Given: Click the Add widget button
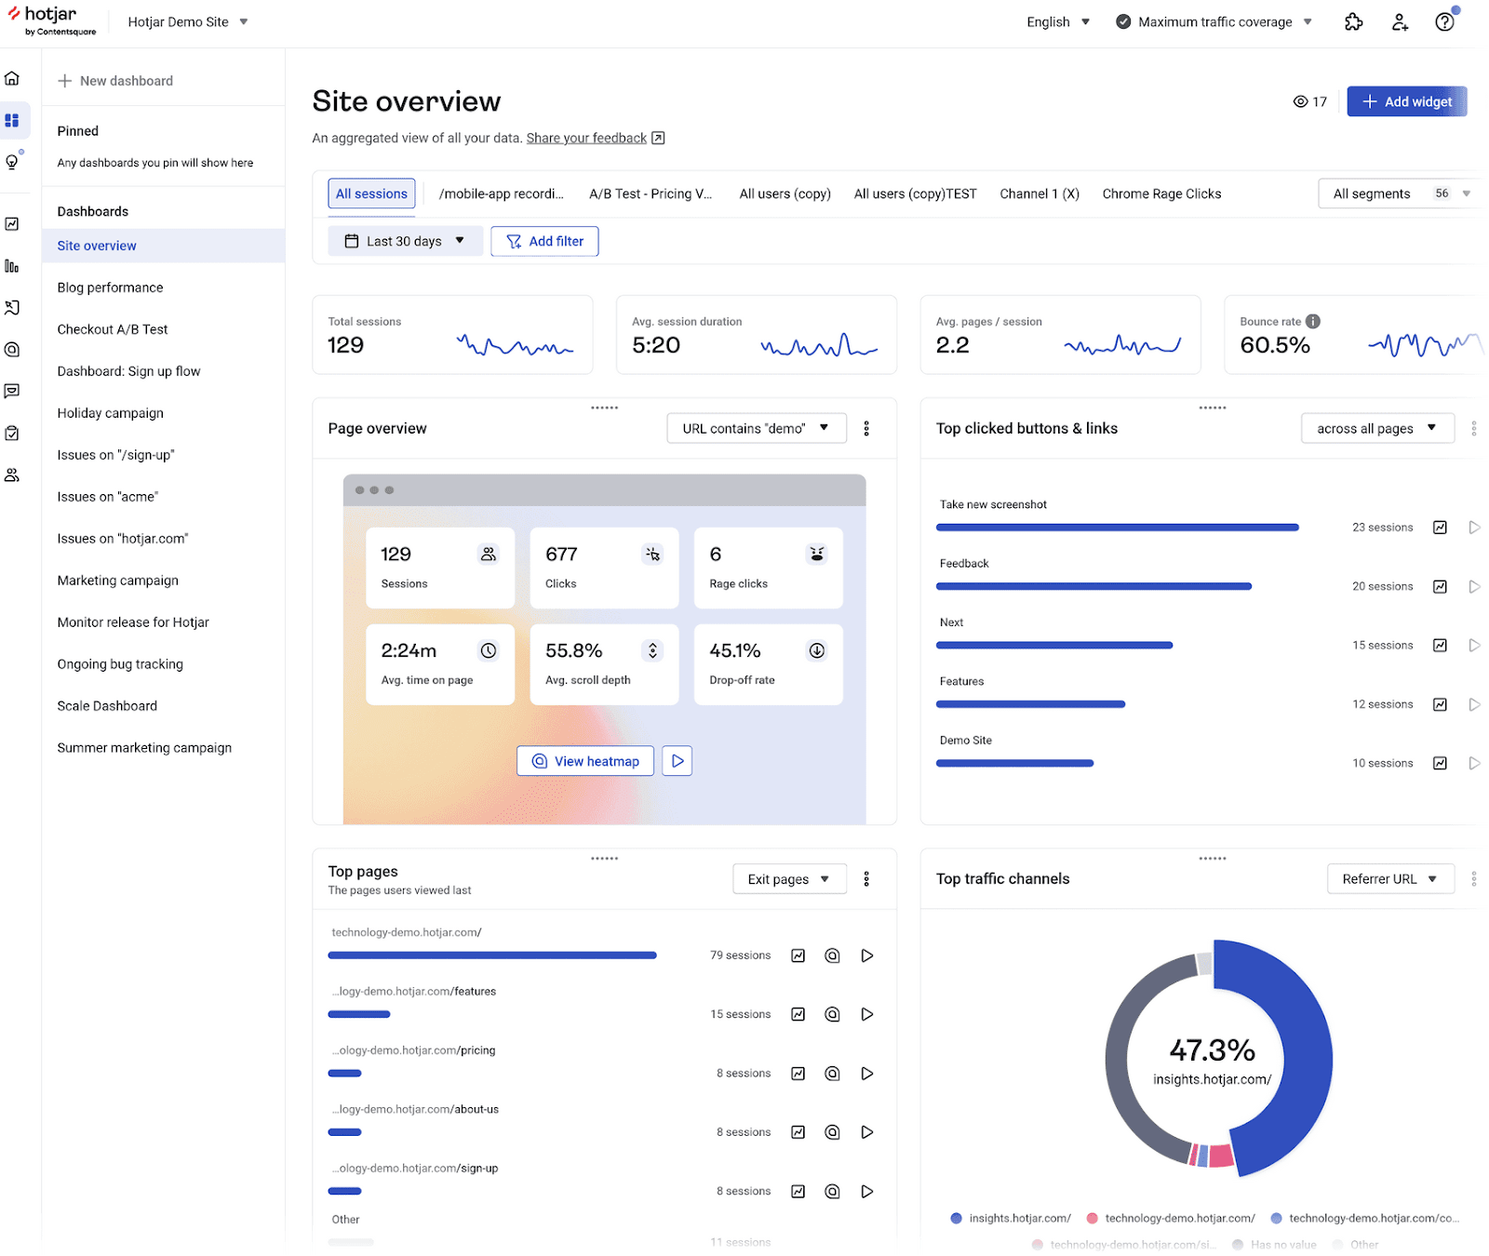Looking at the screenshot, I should pyautogui.click(x=1406, y=101).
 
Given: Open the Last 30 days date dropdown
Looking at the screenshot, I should pyautogui.click(x=405, y=241).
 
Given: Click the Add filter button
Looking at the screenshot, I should pyautogui.click(x=544, y=241).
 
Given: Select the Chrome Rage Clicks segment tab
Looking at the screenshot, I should pyautogui.click(x=1160, y=194).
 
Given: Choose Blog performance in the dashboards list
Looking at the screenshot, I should pyautogui.click(x=110, y=287).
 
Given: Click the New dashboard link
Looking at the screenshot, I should pyautogui.click(x=116, y=81).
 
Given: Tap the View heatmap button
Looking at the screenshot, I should pyautogui.click(x=585, y=761).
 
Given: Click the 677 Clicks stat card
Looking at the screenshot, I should pyautogui.click(x=604, y=568).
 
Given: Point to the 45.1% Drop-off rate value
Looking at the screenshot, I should pyautogui.click(x=735, y=650).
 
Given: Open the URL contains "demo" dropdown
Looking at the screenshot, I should pyautogui.click(x=756, y=428).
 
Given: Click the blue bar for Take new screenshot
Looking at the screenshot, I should pyautogui.click(x=1117, y=528).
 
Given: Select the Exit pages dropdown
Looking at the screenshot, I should pyautogui.click(x=788, y=879).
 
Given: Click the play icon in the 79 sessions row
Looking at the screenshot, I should pyautogui.click(x=866, y=955).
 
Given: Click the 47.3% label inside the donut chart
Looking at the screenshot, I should pyautogui.click(x=1212, y=1050).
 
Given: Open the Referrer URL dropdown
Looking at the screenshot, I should pyautogui.click(x=1389, y=879).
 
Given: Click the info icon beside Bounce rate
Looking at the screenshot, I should pyautogui.click(x=1312, y=321).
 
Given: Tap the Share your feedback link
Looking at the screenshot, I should pyautogui.click(x=586, y=138).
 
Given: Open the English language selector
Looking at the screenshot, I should pyautogui.click(x=1058, y=22).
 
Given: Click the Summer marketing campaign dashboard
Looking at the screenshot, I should pyautogui.click(x=144, y=748).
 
